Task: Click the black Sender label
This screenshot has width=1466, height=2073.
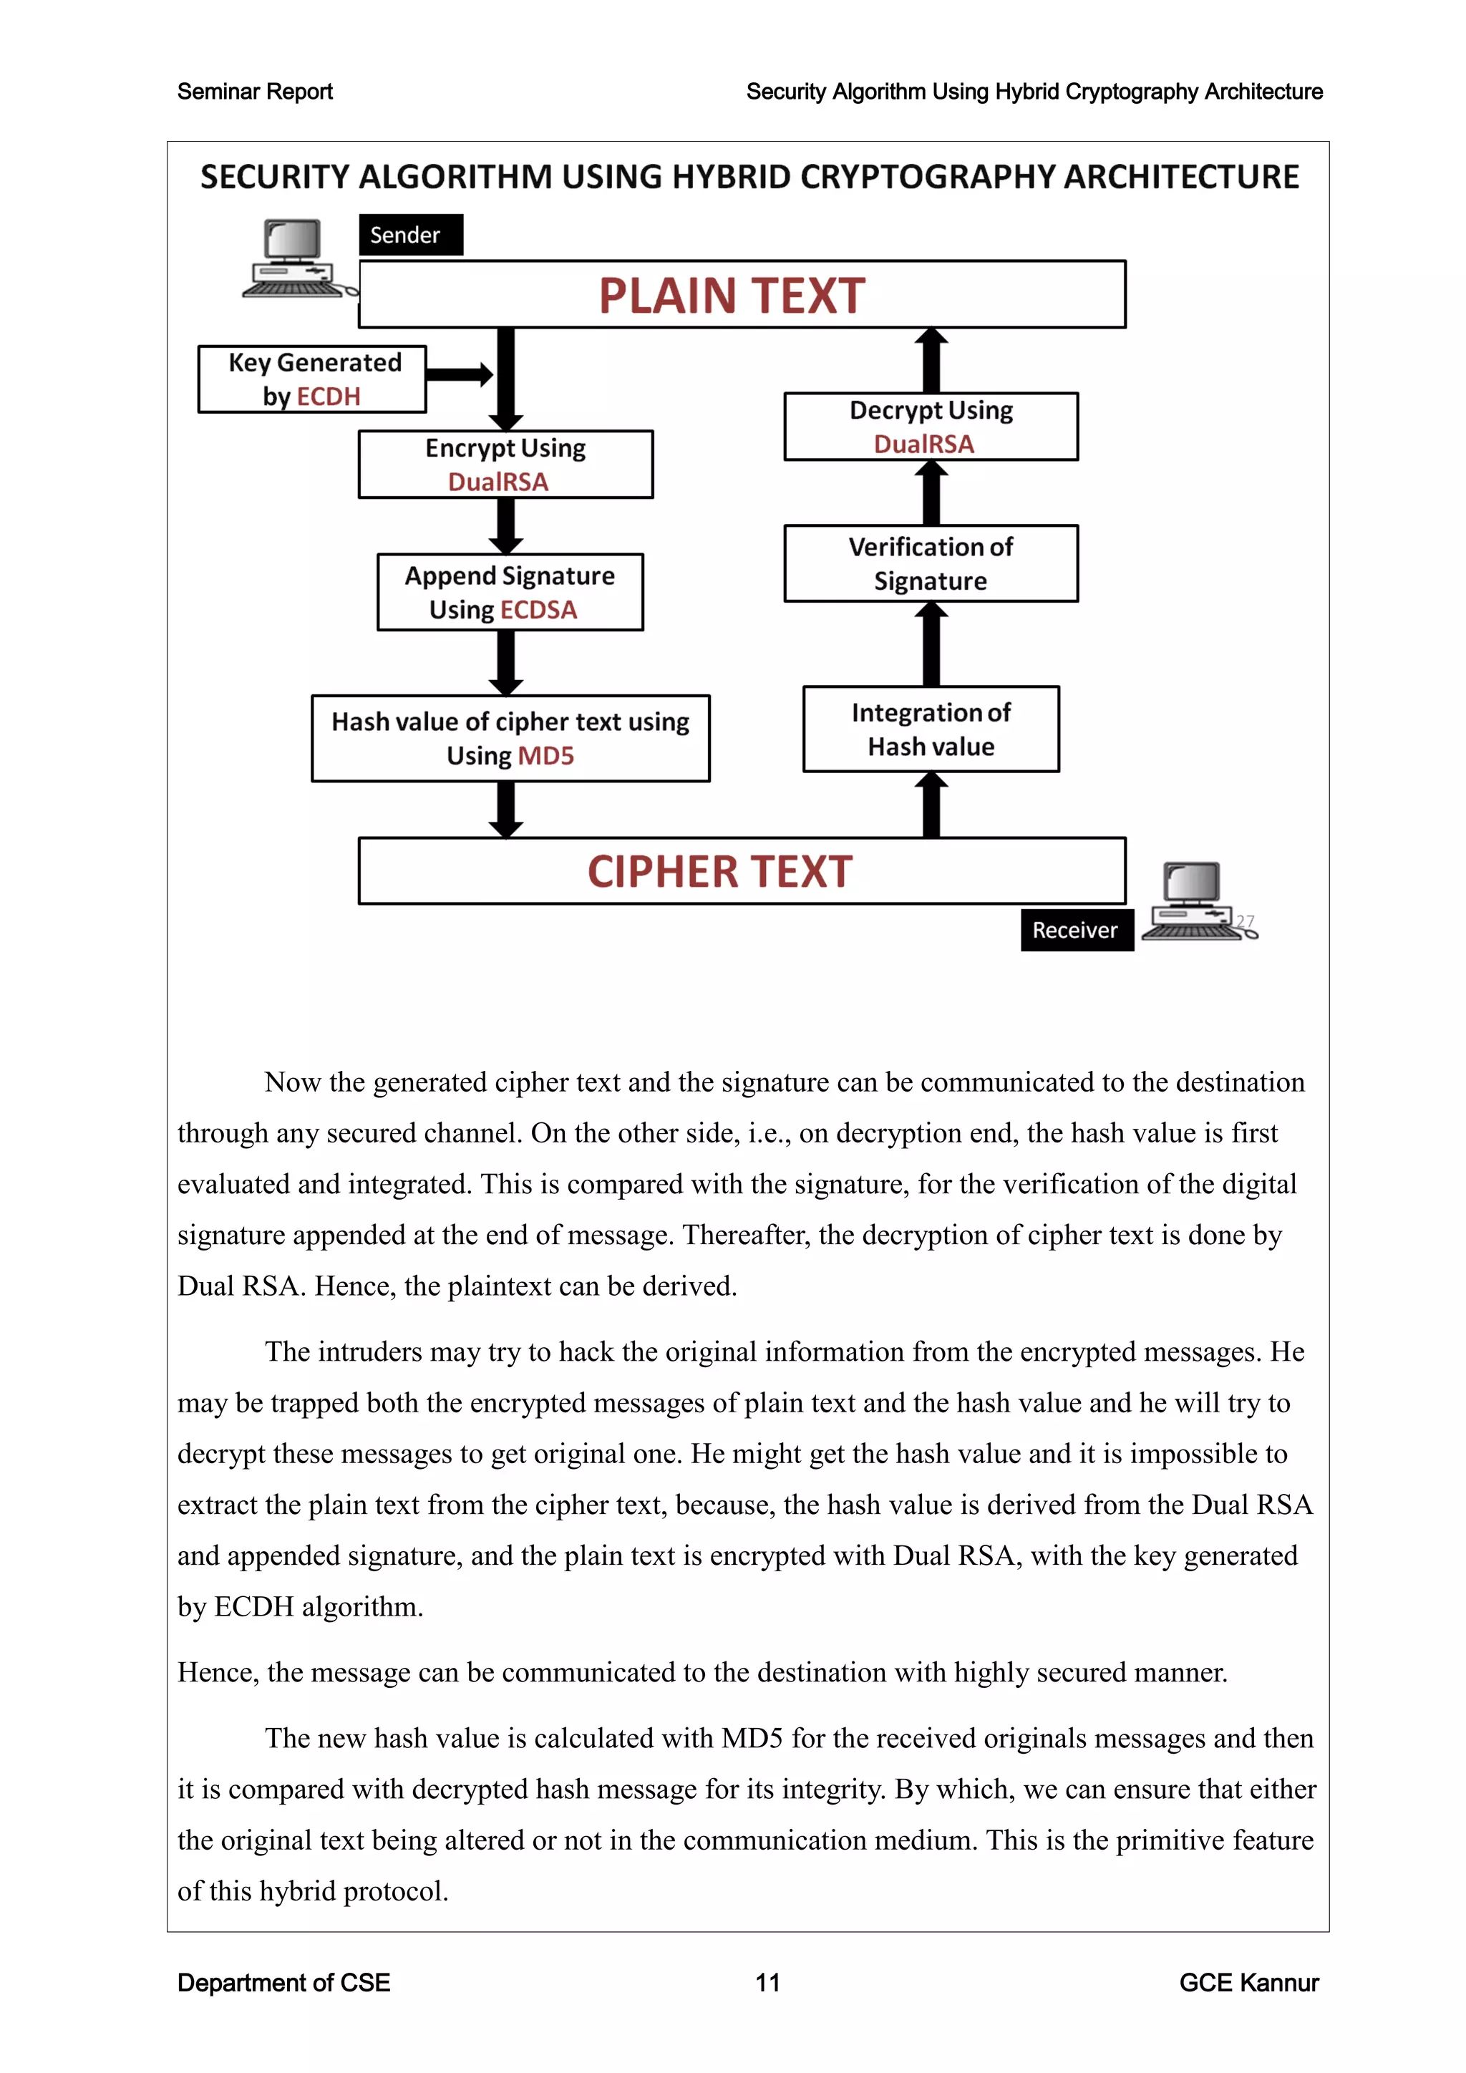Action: click(x=411, y=235)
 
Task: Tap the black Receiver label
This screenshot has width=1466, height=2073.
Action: click(x=1076, y=930)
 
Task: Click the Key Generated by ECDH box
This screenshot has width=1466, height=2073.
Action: click(x=312, y=379)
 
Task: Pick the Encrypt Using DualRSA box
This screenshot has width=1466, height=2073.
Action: click(x=505, y=464)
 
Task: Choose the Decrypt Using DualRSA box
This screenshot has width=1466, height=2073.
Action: click(x=931, y=426)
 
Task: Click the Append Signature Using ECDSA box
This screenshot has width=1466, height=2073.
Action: click(x=510, y=592)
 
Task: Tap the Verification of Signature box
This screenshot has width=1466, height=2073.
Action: click(x=931, y=563)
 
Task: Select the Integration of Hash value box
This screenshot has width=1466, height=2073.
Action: click(x=931, y=729)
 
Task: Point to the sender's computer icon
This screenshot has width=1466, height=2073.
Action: click(x=293, y=259)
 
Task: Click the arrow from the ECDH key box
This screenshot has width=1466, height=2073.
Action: click(x=460, y=374)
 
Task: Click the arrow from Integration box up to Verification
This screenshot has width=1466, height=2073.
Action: click(x=931, y=646)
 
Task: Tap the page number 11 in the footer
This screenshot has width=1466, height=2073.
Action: click(x=767, y=1983)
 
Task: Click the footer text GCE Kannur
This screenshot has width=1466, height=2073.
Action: click(x=1248, y=1983)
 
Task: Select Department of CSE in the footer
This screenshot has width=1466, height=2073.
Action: click(x=283, y=1983)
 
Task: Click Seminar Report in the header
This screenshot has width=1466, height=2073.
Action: click(x=255, y=91)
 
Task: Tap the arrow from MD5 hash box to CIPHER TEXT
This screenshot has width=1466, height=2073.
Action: click(x=506, y=809)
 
